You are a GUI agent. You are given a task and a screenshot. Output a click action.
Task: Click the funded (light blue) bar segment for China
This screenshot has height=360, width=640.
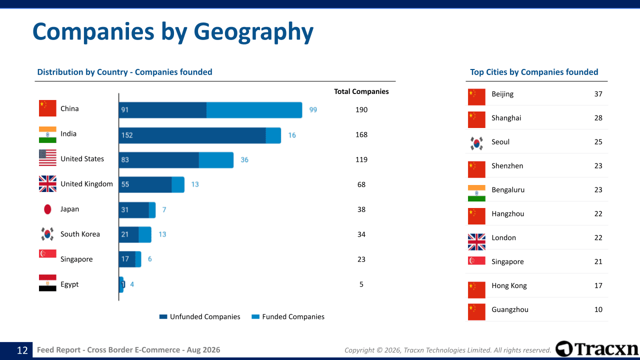(254, 110)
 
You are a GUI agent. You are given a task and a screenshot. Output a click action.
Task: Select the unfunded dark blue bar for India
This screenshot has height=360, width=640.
(192, 135)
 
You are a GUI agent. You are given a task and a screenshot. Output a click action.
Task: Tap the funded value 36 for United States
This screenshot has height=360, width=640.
(244, 159)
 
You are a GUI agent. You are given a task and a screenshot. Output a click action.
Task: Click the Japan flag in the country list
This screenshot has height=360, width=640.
(47, 209)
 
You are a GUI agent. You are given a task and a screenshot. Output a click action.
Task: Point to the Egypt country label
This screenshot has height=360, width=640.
(69, 284)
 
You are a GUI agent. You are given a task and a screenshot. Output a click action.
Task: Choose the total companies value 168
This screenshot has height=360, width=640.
(361, 134)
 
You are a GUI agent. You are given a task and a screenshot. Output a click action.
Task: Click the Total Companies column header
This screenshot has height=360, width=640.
(361, 91)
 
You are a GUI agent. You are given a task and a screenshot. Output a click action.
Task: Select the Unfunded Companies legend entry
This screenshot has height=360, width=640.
(199, 316)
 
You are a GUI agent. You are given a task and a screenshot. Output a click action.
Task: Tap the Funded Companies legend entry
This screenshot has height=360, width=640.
(288, 316)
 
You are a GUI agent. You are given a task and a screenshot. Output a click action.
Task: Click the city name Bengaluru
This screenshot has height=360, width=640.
(508, 189)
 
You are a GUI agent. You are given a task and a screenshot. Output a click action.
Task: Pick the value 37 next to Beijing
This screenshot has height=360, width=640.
(598, 94)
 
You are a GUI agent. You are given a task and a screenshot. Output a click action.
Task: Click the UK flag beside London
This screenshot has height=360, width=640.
(476, 242)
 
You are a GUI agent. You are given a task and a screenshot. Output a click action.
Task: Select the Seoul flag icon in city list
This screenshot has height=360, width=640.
(476, 143)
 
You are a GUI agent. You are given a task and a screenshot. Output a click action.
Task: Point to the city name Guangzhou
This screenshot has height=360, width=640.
(510, 309)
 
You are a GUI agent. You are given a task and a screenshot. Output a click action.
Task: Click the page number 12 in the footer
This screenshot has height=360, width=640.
(22, 350)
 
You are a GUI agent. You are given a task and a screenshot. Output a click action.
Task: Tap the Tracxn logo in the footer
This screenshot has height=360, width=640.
(597, 349)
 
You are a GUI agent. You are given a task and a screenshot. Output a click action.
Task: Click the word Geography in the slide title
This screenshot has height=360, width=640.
(253, 32)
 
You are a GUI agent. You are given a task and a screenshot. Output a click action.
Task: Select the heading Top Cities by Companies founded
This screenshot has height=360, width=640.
(534, 72)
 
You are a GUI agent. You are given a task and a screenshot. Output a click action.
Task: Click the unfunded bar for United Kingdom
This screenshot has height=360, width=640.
(145, 184)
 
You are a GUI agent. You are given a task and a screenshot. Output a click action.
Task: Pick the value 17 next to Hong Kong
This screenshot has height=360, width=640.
(598, 285)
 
